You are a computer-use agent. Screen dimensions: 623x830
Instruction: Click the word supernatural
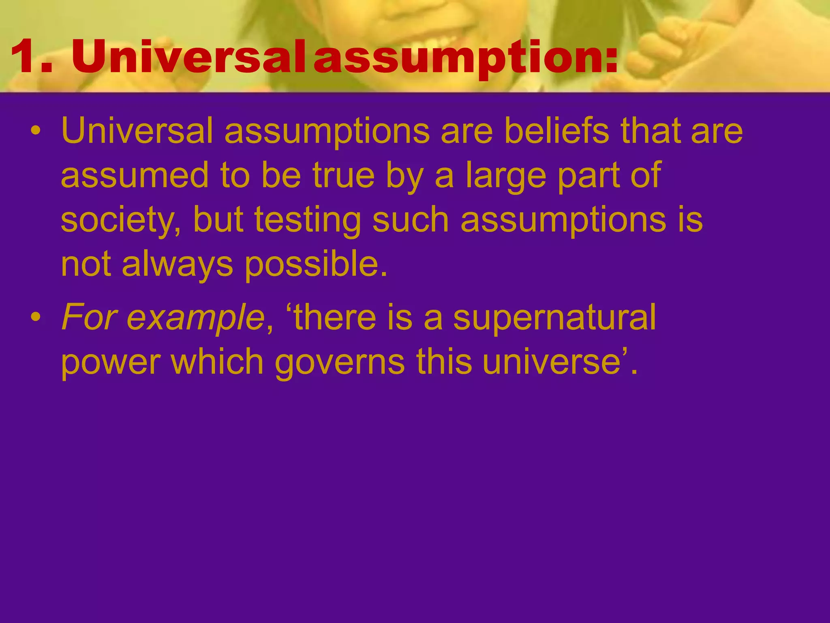554,319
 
